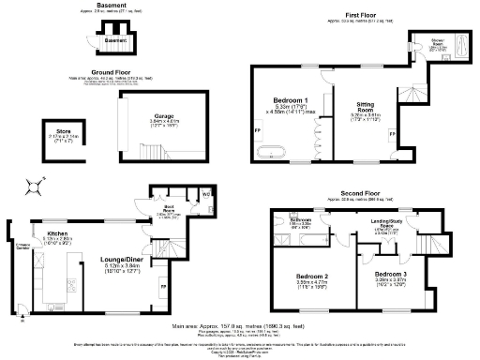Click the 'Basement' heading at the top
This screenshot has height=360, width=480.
pos(112,5)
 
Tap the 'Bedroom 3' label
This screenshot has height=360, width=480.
pos(391,272)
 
